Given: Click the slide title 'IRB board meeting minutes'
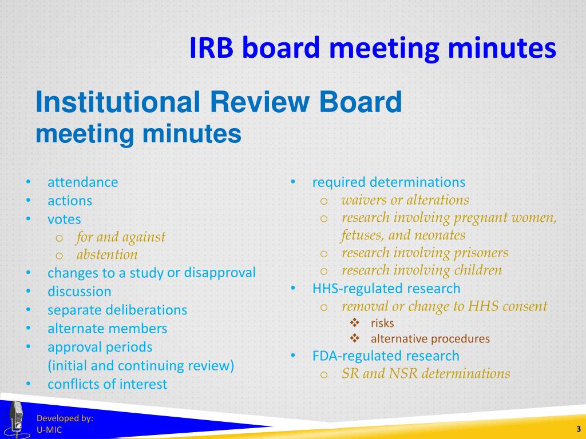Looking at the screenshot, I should click(373, 49).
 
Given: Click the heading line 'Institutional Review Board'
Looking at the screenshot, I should click(219, 102).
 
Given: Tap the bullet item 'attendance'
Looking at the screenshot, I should click(82, 182).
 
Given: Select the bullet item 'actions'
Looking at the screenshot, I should click(70, 201).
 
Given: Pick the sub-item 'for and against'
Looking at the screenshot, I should click(121, 237).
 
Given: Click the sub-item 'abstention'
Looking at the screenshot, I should click(107, 255).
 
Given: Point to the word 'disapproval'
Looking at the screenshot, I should click(220, 273).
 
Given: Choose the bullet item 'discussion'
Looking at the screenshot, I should click(80, 292).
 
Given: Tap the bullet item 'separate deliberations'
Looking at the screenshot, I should click(117, 310).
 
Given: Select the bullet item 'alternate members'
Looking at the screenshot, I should click(107, 329).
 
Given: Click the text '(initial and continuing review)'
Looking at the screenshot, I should click(141, 366).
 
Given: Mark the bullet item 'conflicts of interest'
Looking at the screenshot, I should click(107, 384).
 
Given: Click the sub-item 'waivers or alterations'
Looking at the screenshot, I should click(405, 200).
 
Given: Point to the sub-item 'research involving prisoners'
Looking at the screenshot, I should click(425, 253).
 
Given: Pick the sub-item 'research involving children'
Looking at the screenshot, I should click(422, 270).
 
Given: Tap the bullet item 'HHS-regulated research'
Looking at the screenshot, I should click(386, 288).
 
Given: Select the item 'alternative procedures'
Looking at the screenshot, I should click(430, 338).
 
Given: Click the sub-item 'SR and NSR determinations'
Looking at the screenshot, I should click(426, 374).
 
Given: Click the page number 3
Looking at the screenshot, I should click(579, 429).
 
